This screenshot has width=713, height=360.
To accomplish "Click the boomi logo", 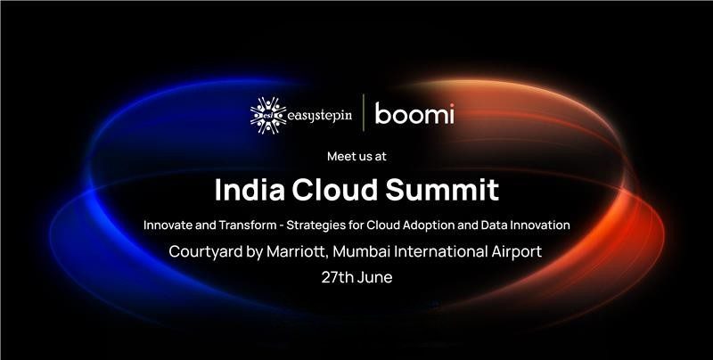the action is [x=414, y=114].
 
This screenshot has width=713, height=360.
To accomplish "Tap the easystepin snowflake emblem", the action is [x=268, y=116].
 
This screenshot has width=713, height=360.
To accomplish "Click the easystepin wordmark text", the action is [x=320, y=116].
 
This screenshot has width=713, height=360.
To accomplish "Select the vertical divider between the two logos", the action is [x=364, y=113].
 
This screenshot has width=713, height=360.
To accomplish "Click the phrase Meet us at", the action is [x=356, y=156].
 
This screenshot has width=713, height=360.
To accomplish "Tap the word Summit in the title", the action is [x=442, y=190].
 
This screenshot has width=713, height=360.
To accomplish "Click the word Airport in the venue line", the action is [x=517, y=252].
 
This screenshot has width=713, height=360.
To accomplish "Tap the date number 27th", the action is [x=338, y=277].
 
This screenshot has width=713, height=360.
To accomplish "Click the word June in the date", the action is [x=375, y=277].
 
